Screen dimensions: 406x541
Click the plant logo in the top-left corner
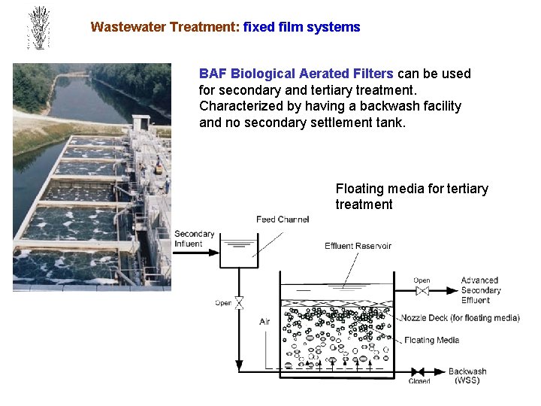38,28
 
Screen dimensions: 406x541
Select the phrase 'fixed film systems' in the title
302,27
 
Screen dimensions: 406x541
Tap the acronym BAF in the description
213,74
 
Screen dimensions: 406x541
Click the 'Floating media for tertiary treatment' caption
411,196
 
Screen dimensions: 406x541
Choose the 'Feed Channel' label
282,220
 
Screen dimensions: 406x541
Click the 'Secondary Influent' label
195,238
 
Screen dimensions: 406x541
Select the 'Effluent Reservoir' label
358,246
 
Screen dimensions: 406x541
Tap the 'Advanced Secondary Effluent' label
481,290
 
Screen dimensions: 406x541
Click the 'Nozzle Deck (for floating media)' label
460,318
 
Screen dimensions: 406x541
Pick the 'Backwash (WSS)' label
467,376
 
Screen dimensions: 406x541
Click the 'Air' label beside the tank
264,322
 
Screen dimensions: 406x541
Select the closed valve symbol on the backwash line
419,371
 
